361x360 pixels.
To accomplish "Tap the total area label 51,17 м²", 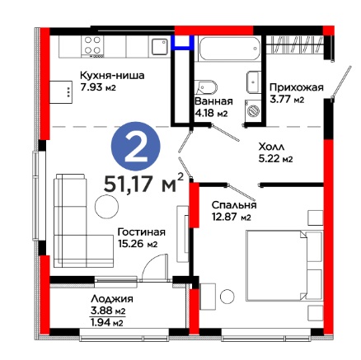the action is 143,184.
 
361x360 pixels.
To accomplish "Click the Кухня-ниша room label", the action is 112,75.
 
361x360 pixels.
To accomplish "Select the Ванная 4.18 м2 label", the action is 213,107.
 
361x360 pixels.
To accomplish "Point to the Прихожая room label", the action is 297,87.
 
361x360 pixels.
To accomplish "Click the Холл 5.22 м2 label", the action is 275,152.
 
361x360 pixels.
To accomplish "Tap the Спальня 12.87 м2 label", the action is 234,211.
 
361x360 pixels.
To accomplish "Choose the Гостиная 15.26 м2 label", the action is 142,237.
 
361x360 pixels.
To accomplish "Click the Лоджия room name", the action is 112,299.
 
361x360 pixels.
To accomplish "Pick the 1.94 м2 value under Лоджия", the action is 106,323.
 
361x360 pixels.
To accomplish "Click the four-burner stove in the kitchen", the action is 92,45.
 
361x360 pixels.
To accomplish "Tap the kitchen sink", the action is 160,47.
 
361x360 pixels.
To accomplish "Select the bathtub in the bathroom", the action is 229,49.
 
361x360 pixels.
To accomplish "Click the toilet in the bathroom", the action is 205,87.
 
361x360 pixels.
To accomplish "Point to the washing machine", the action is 253,111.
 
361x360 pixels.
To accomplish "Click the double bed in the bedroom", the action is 284,265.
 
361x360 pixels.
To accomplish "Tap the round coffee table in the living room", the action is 106,207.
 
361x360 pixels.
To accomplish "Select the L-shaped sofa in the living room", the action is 83,221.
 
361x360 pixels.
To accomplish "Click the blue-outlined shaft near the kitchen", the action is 182,42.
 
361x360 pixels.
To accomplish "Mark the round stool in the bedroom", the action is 227,297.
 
